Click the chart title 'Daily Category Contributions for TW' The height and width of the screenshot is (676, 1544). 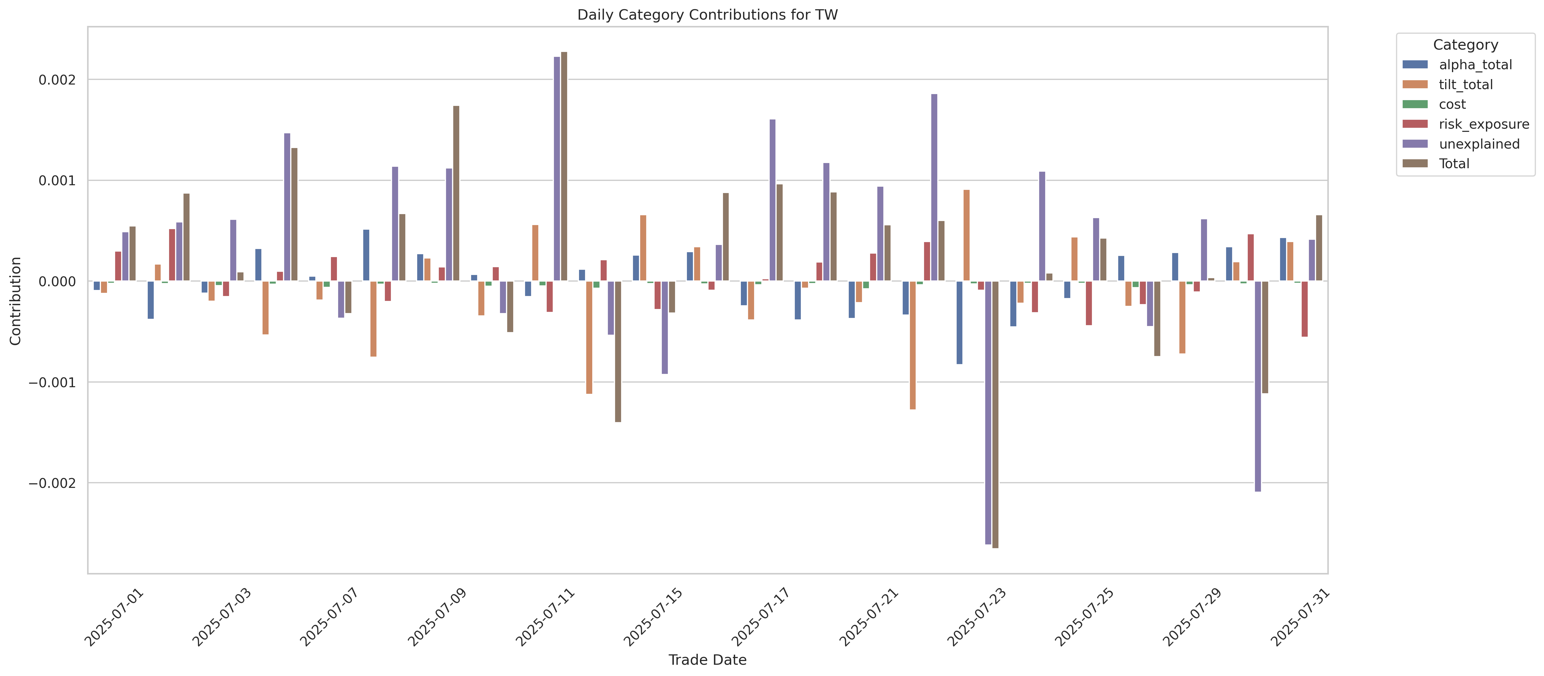(x=707, y=15)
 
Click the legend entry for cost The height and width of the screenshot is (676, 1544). (x=1452, y=104)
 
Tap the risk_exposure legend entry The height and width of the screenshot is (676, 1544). (x=1483, y=124)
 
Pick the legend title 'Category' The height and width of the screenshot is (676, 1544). (x=1466, y=45)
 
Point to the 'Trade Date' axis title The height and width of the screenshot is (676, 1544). (x=707, y=660)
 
